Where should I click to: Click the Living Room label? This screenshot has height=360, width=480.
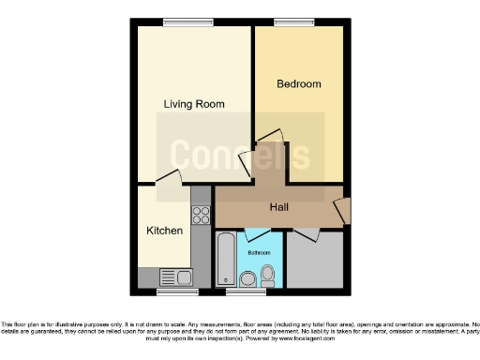[x=194, y=104]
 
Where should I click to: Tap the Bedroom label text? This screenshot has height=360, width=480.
[x=298, y=84]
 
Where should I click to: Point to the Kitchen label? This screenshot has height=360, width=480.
[x=164, y=231]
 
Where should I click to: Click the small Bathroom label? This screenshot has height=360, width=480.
[x=259, y=253]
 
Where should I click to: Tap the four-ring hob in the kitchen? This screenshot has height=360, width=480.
[x=200, y=216]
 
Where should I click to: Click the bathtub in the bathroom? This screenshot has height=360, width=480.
[x=226, y=260]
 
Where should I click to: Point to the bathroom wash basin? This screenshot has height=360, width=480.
[x=247, y=278]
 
